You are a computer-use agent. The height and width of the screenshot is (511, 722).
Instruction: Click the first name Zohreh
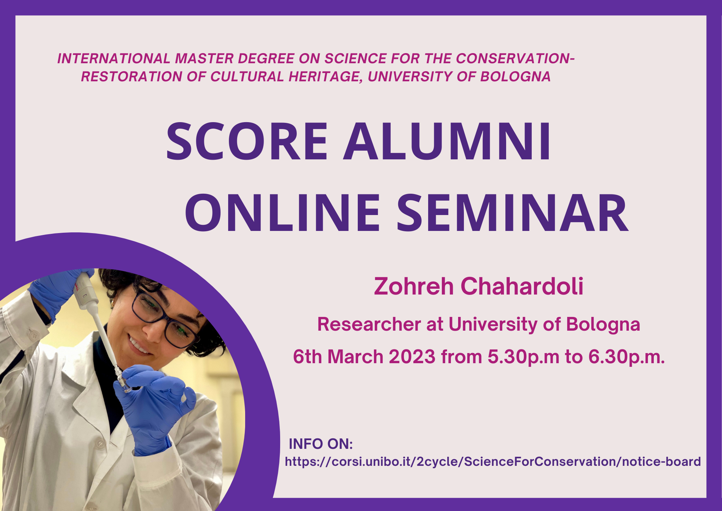(413, 286)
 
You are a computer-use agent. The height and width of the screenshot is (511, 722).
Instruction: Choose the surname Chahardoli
(522, 286)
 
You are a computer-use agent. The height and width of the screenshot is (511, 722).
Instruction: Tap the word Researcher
(369, 324)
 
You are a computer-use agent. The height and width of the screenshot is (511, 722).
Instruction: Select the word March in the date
(355, 357)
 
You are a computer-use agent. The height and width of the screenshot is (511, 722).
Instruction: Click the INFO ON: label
(321, 444)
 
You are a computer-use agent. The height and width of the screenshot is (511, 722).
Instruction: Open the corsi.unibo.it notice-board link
(493, 462)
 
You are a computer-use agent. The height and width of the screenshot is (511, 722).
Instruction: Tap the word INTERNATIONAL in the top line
(114, 59)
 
